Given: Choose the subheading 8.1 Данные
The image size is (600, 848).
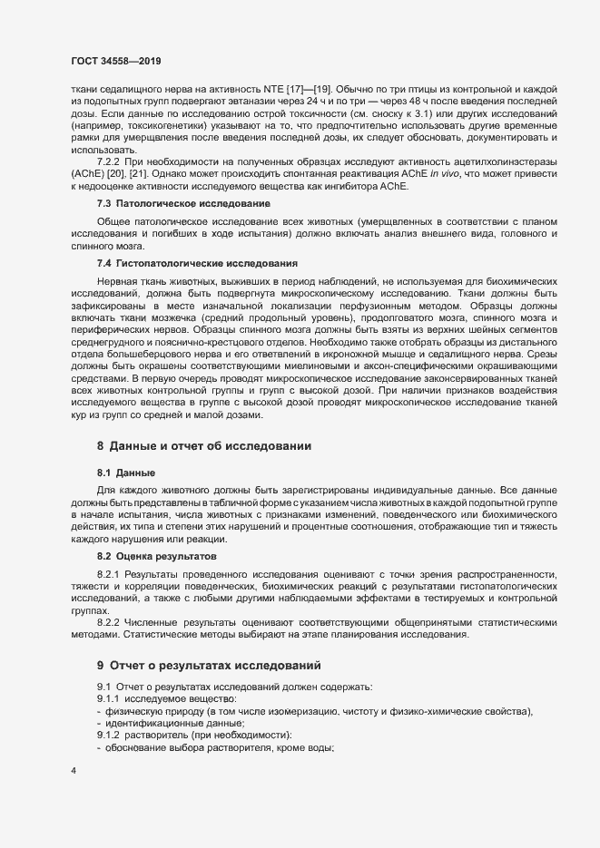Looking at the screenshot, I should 125,473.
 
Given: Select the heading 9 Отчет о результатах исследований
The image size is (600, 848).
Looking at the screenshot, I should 210,665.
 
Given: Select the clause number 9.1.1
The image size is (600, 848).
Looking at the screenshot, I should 112,699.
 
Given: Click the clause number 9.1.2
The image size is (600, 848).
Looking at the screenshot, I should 112,735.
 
